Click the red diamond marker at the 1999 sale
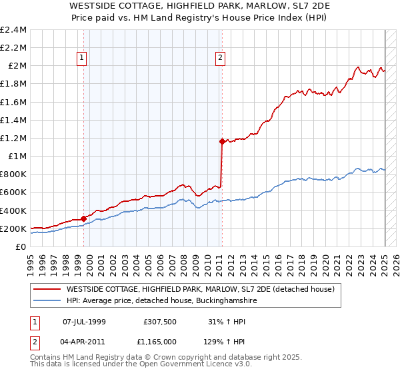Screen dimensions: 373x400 83,218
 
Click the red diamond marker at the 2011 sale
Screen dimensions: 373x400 221,141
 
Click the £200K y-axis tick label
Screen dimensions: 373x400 13,228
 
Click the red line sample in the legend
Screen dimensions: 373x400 46,289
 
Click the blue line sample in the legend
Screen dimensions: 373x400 46,301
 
